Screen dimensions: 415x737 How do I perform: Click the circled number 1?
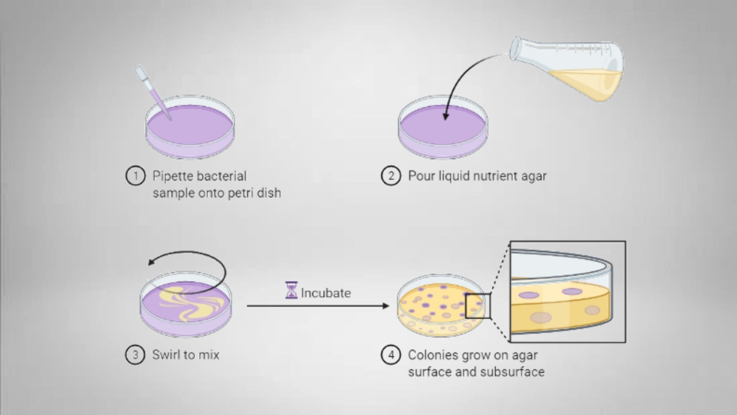tap(135, 176)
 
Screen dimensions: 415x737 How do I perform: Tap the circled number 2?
tap(391, 176)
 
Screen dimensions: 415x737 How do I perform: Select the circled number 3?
tap(135, 355)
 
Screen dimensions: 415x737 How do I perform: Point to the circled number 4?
tap(391, 355)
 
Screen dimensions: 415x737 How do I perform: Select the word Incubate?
tap(326, 293)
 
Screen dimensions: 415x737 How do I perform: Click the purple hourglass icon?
tap(291, 290)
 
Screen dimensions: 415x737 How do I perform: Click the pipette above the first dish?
tap(151, 90)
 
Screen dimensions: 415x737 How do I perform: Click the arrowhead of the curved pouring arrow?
tap(446, 117)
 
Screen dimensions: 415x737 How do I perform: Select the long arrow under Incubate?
tap(317, 306)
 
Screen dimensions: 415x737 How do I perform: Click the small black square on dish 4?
tap(478, 306)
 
